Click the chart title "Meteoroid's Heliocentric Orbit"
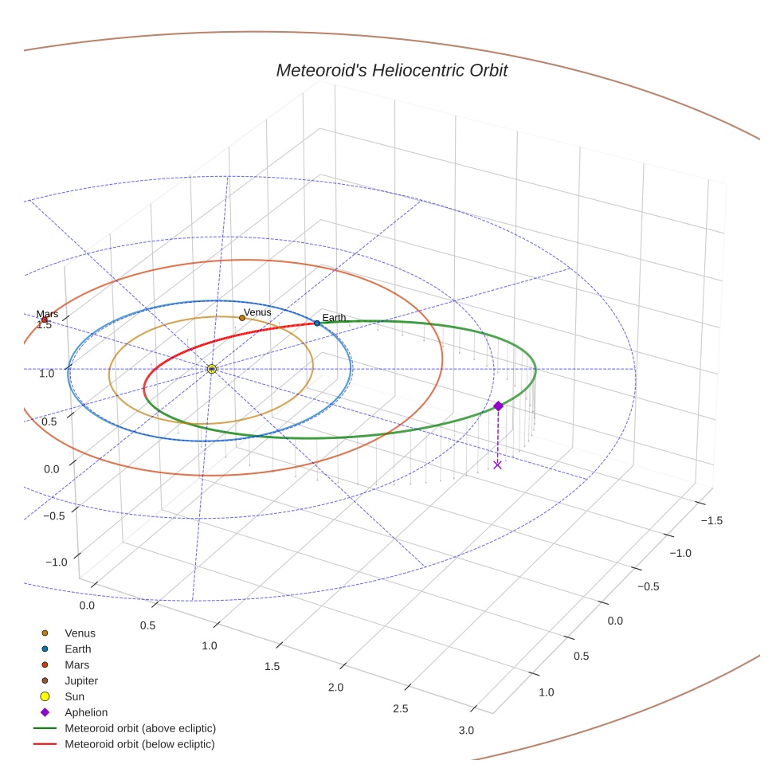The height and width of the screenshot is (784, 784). (x=391, y=70)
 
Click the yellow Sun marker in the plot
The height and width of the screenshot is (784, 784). (x=211, y=369)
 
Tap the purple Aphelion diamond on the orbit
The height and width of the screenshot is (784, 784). (x=498, y=406)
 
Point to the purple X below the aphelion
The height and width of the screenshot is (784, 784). (x=498, y=465)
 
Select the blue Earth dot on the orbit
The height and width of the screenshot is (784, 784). (x=317, y=323)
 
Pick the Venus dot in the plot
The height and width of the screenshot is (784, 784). (x=242, y=318)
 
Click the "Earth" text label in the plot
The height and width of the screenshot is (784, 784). (x=334, y=318)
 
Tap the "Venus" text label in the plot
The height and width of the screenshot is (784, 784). (x=257, y=312)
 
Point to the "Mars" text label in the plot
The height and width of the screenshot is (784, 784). (x=47, y=314)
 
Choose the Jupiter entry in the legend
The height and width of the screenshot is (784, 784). (x=81, y=680)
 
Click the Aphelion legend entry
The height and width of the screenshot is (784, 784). (x=86, y=712)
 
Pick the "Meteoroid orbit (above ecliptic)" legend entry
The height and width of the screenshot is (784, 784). (x=140, y=728)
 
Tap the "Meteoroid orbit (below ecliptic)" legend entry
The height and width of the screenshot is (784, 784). (x=139, y=744)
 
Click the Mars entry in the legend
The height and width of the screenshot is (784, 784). (x=76, y=664)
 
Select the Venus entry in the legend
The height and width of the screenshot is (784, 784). (x=80, y=633)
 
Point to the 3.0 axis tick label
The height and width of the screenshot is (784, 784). (x=466, y=731)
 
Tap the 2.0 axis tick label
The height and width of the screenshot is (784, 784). (x=335, y=688)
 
